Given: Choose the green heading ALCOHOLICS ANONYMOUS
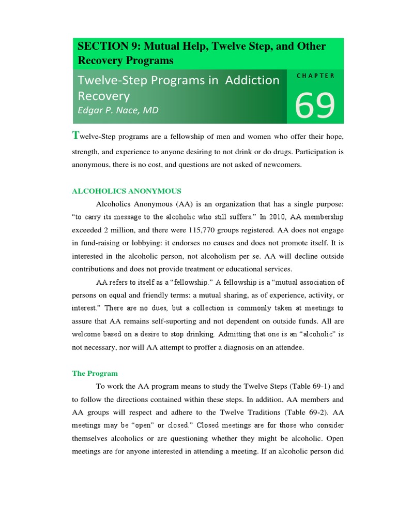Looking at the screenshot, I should pyautogui.click(x=126, y=191).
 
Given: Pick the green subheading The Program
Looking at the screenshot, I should pyautogui.click(x=94, y=373).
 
